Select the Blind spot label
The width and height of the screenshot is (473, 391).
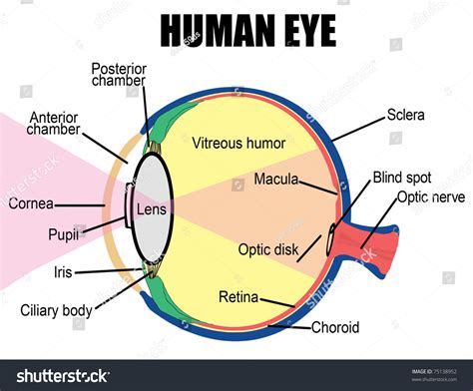(402, 177)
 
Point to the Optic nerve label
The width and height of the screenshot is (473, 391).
(430, 196)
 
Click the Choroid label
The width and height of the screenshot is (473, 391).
(335, 327)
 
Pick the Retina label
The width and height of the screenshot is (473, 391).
(238, 296)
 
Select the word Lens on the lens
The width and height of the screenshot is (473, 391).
(151, 210)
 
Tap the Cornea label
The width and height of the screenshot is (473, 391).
(31, 204)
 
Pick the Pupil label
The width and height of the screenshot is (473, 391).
(64, 235)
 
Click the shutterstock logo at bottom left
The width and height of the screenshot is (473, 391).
(56, 376)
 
